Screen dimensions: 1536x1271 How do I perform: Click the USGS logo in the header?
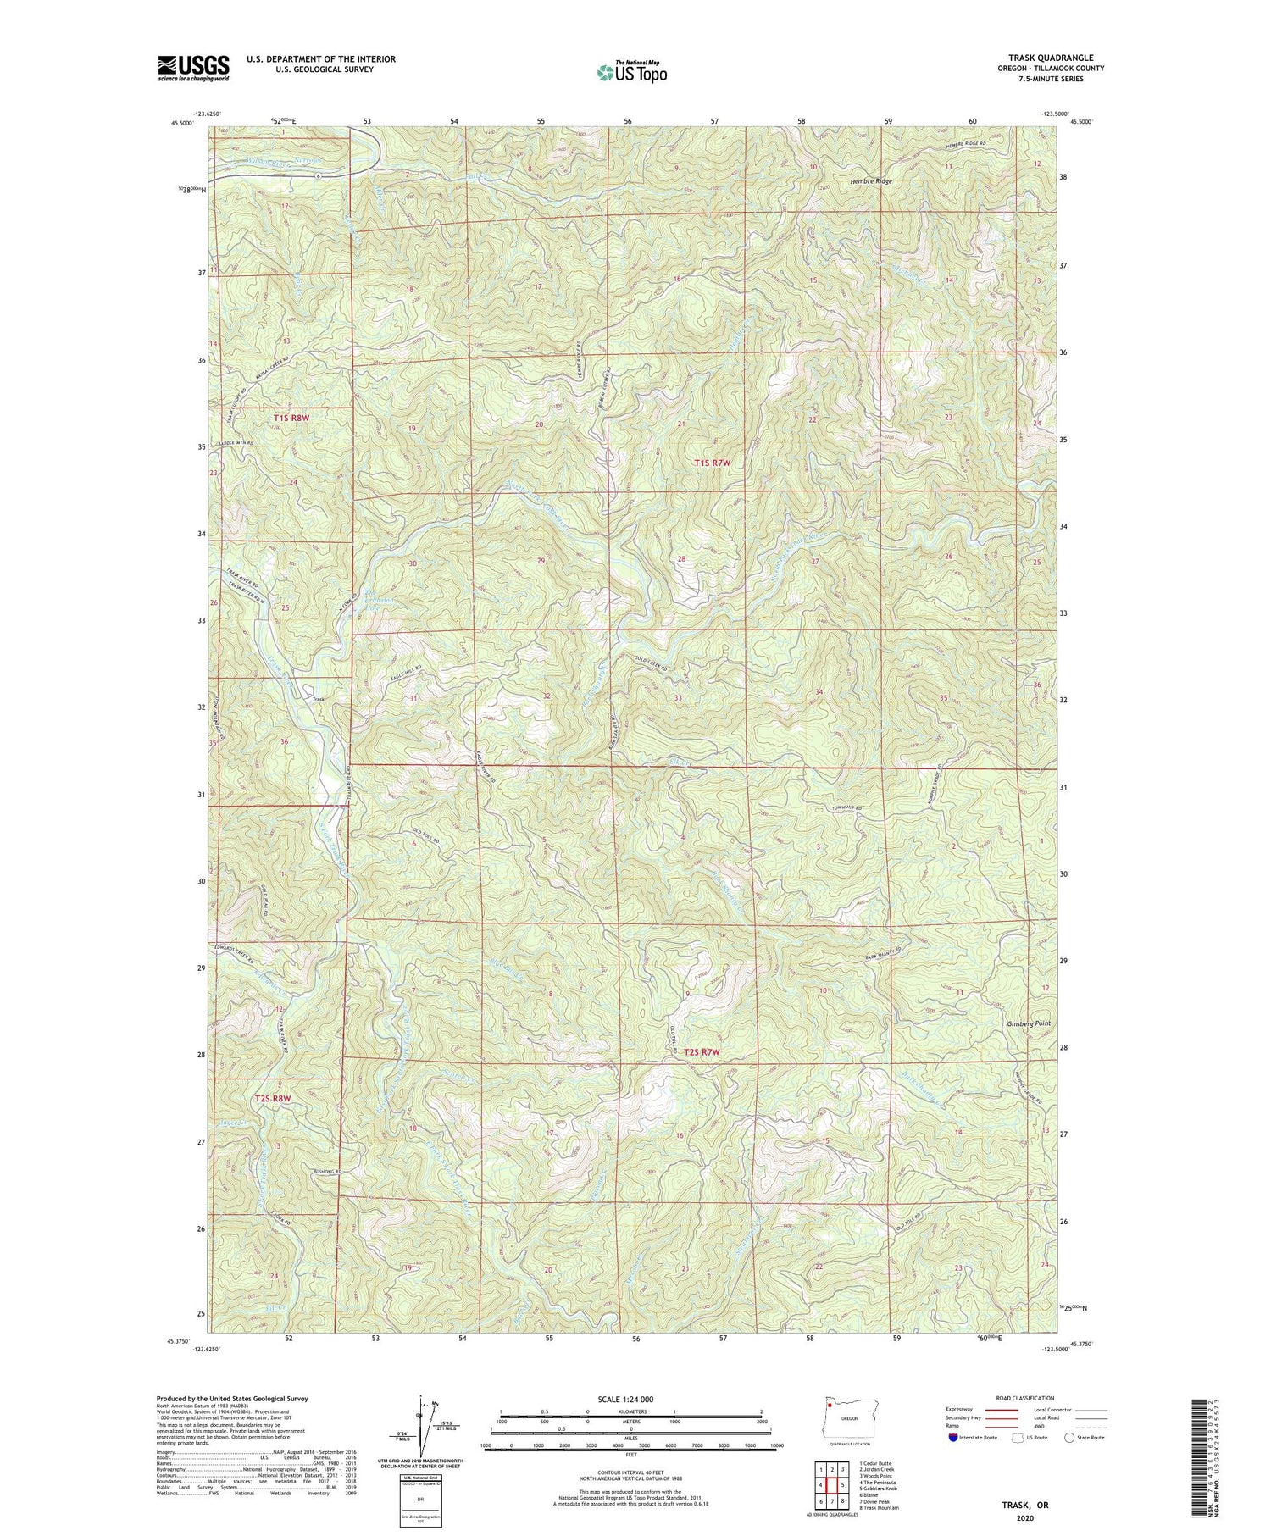(x=193, y=67)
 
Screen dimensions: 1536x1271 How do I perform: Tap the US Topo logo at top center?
(x=630, y=72)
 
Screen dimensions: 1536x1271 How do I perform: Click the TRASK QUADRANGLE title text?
(x=1050, y=58)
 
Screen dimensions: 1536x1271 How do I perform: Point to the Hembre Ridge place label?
(x=871, y=181)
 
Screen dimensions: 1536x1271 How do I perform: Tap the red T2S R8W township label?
(x=273, y=1098)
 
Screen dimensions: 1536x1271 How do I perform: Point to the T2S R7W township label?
(x=702, y=1051)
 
